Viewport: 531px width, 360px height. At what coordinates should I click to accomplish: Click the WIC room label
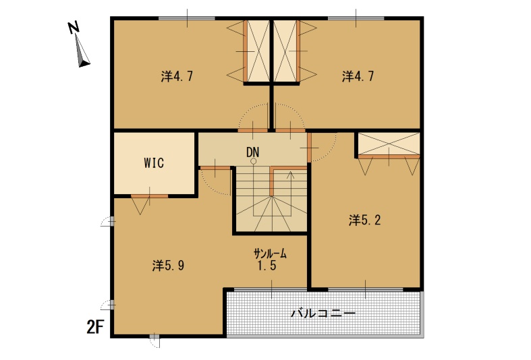(x=154, y=162)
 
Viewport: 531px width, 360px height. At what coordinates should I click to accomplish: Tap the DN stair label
(x=252, y=152)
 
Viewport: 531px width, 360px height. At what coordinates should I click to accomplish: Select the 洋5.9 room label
(x=168, y=266)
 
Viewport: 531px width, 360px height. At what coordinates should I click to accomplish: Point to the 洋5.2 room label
(x=365, y=220)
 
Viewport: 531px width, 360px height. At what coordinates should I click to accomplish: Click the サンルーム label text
(x=271, y=253)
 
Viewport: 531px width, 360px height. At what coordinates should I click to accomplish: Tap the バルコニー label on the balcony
(x=323, y=313)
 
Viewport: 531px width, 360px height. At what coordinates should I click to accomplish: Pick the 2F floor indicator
(x=95, y=327)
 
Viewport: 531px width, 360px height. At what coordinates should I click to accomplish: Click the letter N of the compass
(x=74, y=28)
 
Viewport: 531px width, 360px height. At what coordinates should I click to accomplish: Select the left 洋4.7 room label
(x=177, y=76)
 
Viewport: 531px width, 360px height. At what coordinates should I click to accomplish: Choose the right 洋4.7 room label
(x=358, y=76)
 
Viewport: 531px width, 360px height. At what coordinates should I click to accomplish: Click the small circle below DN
(x=253, y=161)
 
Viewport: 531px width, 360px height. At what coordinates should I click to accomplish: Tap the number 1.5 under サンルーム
(x=267, y=265)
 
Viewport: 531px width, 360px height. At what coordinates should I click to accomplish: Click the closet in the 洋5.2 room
(x=389, y=144)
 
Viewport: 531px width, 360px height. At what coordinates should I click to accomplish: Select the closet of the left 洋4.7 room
(x=258, y=51)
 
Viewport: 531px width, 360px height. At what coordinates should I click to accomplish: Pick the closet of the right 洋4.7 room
(x=285, y=51)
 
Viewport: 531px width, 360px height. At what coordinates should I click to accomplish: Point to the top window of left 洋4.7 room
(x=187, y=18)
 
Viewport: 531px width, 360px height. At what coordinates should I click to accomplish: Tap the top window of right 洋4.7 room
(x=356, y=18)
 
